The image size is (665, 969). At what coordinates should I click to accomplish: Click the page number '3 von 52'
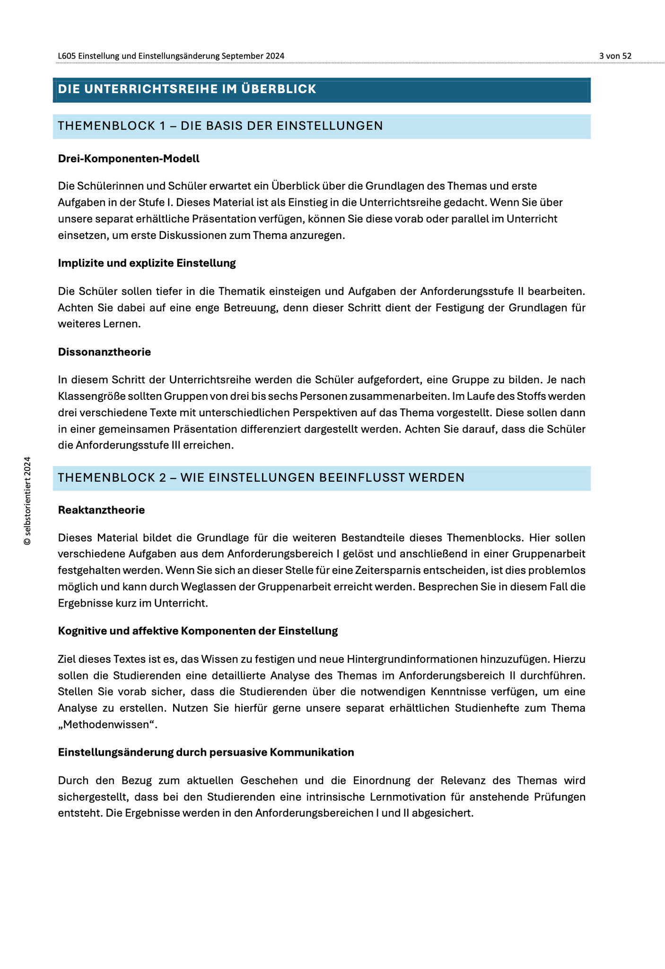(615, 56)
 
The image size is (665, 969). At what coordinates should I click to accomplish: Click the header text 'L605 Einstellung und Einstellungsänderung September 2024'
(171, 56)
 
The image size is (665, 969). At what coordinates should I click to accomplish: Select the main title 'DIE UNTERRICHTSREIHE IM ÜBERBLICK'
(187, 89)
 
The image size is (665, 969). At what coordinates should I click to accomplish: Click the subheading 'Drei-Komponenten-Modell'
(129, 159)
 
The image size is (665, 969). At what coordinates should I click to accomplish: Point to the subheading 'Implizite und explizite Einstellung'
(147, 263)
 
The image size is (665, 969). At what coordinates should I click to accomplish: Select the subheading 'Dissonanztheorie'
(105, 352)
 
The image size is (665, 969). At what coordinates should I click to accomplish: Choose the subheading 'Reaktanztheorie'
(101, 510)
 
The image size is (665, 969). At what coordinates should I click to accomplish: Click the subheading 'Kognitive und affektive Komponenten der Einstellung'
(198, 631)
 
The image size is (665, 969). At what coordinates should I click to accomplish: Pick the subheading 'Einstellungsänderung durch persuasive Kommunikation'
(206, 752)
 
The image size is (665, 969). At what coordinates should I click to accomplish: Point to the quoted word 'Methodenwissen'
(107, 725)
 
